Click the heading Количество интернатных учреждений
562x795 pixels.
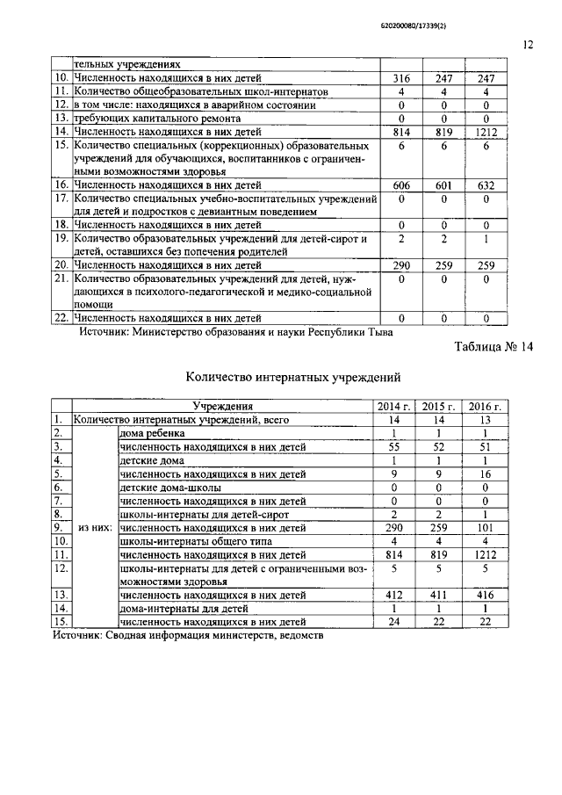(294, 378)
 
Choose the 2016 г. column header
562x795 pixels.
(485, 407)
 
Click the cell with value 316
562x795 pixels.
(400, 78)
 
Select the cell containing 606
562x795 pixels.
(400, 186)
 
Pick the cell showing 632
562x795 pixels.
(485, 186)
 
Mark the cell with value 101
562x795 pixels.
(485, 528)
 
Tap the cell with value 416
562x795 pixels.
(485, 596)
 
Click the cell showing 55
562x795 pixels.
(394, 447)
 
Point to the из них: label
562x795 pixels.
(94, 528)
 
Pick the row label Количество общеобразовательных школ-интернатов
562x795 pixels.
(201, 91)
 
